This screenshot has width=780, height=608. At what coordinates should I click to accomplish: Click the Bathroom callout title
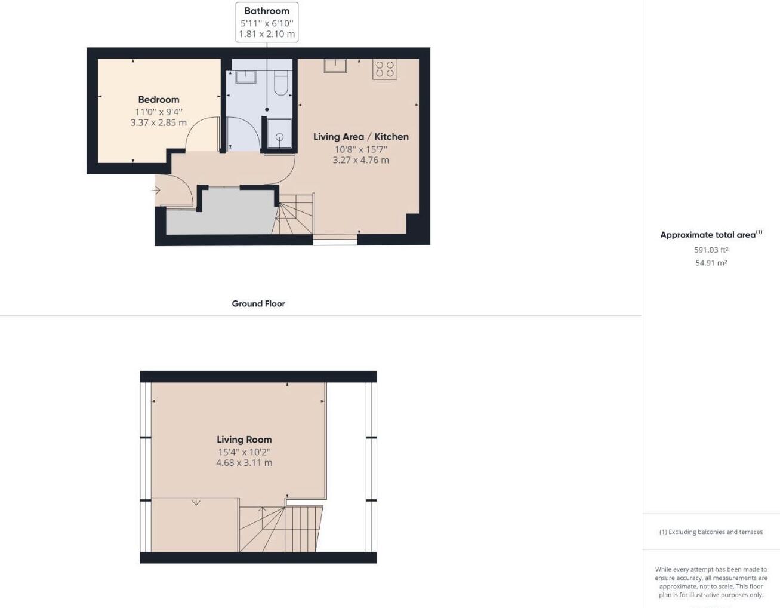coord(267,11)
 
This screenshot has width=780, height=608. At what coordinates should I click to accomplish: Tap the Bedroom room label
coord(159,100)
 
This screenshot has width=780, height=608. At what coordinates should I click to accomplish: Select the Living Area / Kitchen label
coord(360,137)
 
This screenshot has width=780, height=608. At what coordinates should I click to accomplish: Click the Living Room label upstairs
coord(244,440)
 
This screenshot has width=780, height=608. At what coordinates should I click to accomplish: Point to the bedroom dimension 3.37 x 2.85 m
coord(159,123)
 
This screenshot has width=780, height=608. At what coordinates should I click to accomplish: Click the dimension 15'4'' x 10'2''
coord(244,452)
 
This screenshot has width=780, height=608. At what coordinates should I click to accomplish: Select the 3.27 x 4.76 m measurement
coord(360,160)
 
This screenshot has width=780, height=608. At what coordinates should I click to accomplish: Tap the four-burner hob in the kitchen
coord(385,69)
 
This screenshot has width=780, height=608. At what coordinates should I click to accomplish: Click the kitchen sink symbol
coord(335,66)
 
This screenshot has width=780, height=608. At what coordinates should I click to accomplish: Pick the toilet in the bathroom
coord(281,84)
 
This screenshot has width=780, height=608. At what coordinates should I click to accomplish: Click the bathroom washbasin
coord(245,76)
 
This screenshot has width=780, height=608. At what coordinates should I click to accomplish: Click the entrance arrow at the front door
coord(156,191)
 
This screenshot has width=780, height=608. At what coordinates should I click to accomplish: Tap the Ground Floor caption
coord(258,303)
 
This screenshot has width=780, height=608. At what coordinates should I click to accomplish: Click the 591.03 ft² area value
coord(711,250)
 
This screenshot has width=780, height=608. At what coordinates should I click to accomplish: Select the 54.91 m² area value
coord(711,263)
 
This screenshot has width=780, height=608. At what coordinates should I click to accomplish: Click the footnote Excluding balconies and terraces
coord(711,532)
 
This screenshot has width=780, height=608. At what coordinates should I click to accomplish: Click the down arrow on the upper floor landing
coord(196,502)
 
